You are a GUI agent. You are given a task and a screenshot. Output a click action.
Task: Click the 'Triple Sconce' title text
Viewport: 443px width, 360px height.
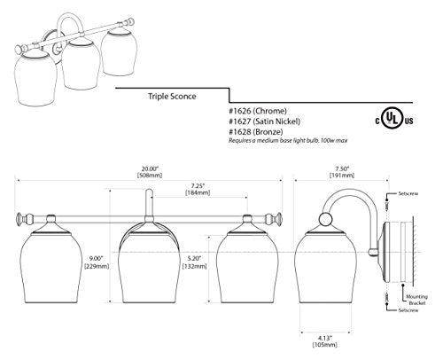pyautogui.click(x=172, y=97)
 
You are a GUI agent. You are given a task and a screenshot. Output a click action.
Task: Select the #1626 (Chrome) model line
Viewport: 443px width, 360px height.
pyautogui.click(x=258, y=111)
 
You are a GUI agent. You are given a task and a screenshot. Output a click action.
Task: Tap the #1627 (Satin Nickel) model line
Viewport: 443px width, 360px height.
pyautogui.click(x=265, y=121)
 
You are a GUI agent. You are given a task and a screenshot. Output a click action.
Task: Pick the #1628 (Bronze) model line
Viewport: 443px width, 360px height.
pyautogui.click(x=256, y=131)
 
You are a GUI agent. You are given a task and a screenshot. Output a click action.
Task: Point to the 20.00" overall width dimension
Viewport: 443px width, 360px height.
pyautogui.click(x=150, y=172)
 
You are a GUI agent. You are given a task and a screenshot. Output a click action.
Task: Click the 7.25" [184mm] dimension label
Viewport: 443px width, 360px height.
pyautogui.click(x=198, y=189)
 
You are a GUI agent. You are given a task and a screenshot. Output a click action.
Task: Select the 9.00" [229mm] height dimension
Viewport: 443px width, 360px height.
pyautogui.click(x=97, y=262)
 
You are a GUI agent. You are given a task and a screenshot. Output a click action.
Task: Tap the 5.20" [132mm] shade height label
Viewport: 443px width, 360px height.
pyautogui.click(x=194, y=262)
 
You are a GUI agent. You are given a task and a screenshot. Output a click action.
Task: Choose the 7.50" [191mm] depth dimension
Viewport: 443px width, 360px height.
pyautogui.click(x=342, y=172)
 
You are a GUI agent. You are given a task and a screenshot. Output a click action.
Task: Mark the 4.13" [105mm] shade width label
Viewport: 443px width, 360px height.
pyautogui.click(x=325, y=341)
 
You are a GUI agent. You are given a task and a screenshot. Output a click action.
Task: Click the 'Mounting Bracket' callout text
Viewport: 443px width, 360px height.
pyautogui.click(x=416, y=300)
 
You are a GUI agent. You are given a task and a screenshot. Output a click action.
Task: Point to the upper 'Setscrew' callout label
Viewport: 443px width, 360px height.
pyautogui.click(x=408, y=193)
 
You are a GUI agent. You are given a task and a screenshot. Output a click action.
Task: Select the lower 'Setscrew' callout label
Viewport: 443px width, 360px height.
pyautogui.click(x=408, y=310)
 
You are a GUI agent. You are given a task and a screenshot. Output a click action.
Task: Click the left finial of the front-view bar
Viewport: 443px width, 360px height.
pyautogui.click(x=20, y=219)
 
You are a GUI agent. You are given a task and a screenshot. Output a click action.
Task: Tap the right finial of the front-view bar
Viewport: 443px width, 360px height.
pyautogui.click(x=277, y=219)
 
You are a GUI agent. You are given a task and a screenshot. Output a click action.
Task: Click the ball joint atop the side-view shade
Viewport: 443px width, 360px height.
pyautogui.click(x=325, y=219)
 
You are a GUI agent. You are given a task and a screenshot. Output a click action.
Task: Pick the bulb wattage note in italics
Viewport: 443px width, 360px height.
pyautogui.click(x=288, y=140)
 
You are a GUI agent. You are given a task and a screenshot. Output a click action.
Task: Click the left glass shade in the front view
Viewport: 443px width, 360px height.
pyautogui.click(x=51, y=267)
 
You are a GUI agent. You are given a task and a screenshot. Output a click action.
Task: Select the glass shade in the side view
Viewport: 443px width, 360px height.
pyautogui.click(x=325, y=267)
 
